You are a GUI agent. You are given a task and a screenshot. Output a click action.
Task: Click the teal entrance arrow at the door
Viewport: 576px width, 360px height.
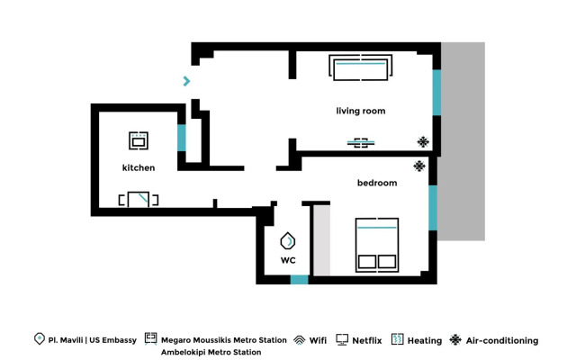click(x=187, y=81)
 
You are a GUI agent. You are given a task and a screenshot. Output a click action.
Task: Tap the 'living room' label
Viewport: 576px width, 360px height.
click(x=361, y=112)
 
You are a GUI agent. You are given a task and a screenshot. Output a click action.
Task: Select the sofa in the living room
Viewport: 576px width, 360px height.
click(x=361, y=68)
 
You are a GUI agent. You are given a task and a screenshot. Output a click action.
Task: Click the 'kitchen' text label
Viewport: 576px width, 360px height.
click(x=139, y=168)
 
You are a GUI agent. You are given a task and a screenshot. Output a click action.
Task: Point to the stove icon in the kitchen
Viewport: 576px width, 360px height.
click(x=139, y=140)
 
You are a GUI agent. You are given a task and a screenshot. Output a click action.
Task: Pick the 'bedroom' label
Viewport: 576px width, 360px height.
click(x=377, y=184)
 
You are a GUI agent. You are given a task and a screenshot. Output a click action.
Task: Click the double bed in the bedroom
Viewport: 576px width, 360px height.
click(x=377, y=244)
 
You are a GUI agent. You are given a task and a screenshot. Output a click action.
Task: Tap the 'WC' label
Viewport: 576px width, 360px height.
click(x=288, y=261)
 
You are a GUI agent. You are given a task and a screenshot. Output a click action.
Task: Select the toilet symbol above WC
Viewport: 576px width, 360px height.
click(x=288, y=241)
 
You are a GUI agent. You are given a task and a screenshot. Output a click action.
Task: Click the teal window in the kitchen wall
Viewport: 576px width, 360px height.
click(x=182, y=138)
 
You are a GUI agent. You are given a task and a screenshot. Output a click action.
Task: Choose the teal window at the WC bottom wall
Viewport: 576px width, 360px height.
click(x=299, y=280)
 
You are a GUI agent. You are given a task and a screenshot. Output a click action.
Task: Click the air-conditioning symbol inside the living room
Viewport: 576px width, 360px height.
click(x=423, y=141)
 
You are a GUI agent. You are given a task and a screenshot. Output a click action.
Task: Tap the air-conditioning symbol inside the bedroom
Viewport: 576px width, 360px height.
click(x=418, y=166)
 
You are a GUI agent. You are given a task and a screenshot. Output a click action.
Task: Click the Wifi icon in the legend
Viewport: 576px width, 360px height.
click(x=300, y=340)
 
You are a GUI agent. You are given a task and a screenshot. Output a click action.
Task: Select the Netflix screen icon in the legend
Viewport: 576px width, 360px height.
click(x=342, y=340)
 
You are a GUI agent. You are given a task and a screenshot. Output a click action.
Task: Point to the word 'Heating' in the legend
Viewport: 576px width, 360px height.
click(x=425, y=341)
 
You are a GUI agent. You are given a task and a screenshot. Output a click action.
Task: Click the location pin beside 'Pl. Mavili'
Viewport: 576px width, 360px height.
click(x=39, y=339)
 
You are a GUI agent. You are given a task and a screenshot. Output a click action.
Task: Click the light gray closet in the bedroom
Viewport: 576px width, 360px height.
click(x=320, y=239)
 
